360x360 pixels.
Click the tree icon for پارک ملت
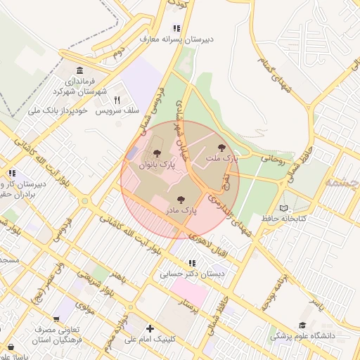[x=222, y=148]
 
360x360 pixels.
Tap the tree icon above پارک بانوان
[x=156, y=153]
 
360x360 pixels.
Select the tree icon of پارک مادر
[x=181, y=200]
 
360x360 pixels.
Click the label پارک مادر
[x=181, y=210]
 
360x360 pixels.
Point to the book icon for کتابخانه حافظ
[x=284, y=208]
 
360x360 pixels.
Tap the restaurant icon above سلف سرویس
[x=117, y=101]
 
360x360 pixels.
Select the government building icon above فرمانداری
[x=79, y=71]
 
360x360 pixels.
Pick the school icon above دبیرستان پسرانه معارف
[x=176, y=29]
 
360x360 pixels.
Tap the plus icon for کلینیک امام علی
[x=149, y=328]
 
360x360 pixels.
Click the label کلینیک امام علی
[x=149, y=339]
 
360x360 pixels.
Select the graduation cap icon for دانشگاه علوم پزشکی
[x=302, y=326]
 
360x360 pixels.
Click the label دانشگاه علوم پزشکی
[x=308, y=336]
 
